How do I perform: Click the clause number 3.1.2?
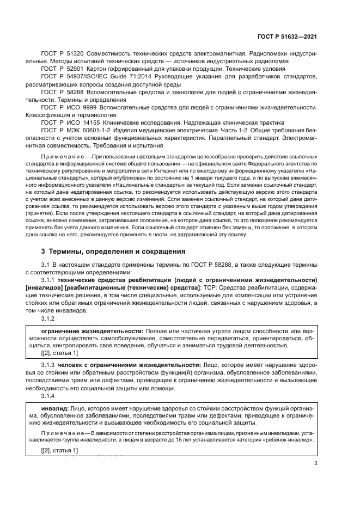pyautogui.click(x=48, y=318)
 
